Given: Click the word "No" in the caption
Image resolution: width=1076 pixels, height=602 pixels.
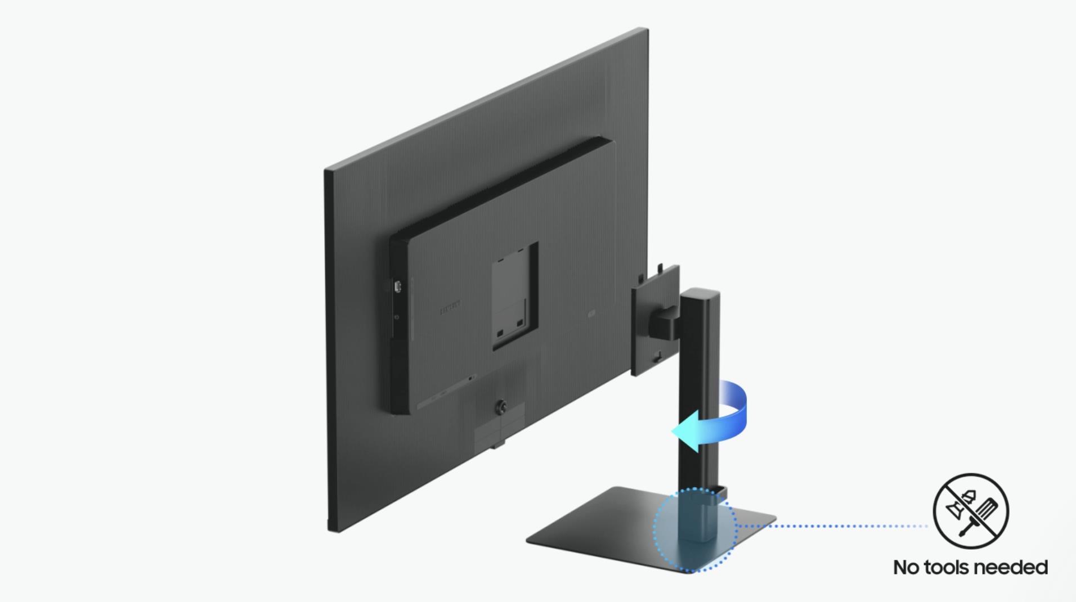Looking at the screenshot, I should [907, 567].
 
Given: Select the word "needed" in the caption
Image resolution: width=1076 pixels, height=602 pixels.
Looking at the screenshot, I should [1015, 567].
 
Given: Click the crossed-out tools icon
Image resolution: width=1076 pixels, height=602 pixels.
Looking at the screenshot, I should [971, 511].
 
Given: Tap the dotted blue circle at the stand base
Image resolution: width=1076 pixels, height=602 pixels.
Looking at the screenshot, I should [694, 529].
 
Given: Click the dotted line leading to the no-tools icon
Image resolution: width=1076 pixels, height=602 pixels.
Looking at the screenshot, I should [833, 527].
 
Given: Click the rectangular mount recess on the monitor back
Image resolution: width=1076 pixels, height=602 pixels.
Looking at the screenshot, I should [514, 295].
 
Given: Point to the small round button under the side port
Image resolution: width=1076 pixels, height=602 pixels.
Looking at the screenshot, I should [397, 317].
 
